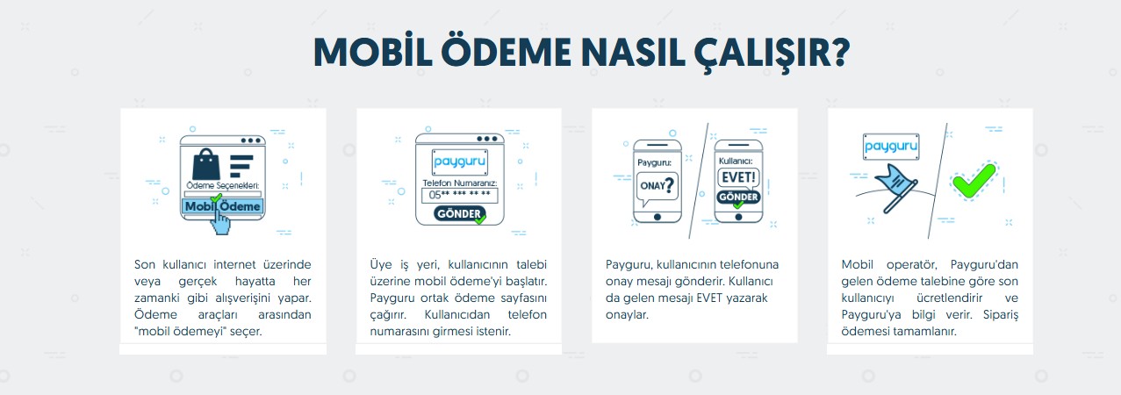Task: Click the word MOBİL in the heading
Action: pos(373,52)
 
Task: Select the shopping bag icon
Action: pos(206,164)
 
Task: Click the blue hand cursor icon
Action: pos(220,222)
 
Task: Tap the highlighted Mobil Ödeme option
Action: pos(223,206)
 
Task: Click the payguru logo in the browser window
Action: pos(459,162)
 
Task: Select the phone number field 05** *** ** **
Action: pos(459,195)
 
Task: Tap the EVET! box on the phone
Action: pos(738,177)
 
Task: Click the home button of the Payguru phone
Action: pos(658,218)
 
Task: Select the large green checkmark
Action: pos(974,180)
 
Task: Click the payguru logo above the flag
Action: pos(891,147)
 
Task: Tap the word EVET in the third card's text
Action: pos(709,298)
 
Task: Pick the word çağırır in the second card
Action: pos(388,315)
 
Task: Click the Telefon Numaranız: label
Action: pos(459,183)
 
